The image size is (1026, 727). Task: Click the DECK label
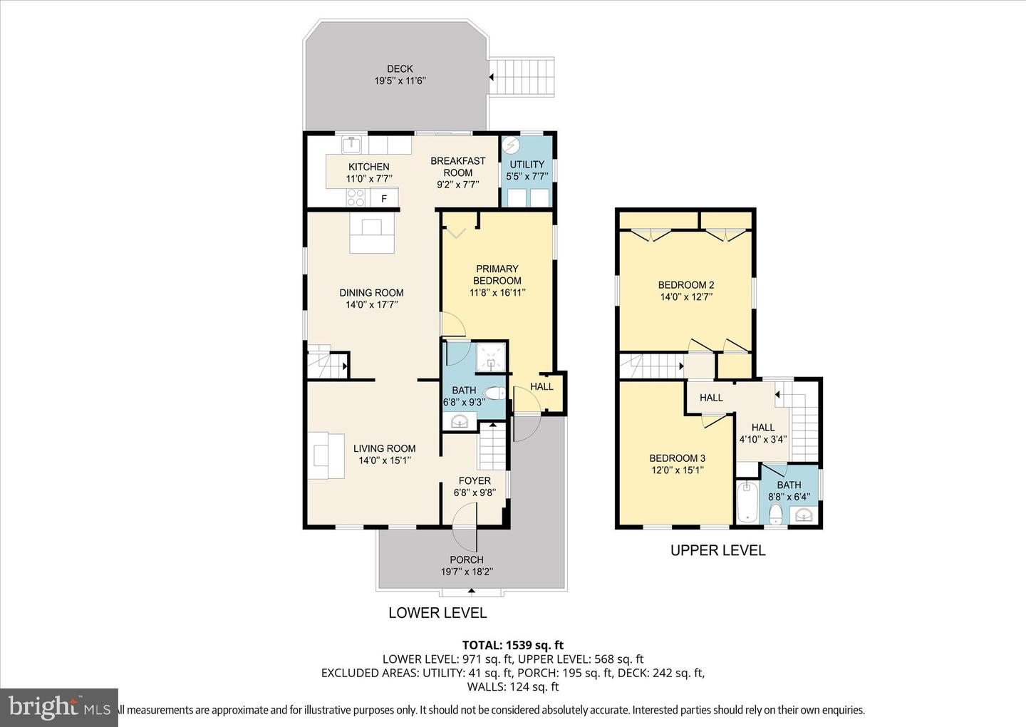[x=400, y=69]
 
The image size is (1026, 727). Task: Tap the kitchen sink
[x=351, y=145]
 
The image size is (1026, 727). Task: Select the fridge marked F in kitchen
[x=384, y=199]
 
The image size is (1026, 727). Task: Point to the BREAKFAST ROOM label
[x=457, y=167]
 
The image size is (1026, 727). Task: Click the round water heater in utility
[x=511, y=145]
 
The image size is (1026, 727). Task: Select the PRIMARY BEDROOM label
[x=497, y=274]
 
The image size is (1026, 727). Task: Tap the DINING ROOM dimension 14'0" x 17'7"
[x=371, y=304]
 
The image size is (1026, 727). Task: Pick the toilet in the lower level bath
[x=494, y=393]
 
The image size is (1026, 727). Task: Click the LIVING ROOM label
[x=384, y=448]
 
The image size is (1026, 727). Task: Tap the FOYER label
[x=475, y=480]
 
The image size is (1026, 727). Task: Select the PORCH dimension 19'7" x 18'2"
[x=467, y=572]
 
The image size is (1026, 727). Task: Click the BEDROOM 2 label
[x=685, y=285]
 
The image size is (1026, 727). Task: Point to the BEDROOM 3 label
[x=677, y=458]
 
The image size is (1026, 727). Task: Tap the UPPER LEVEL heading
[x=717, y=550]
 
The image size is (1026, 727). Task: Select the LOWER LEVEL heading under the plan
[x=437, y=613]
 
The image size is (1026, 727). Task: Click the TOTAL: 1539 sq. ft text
[x=513, y=646]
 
